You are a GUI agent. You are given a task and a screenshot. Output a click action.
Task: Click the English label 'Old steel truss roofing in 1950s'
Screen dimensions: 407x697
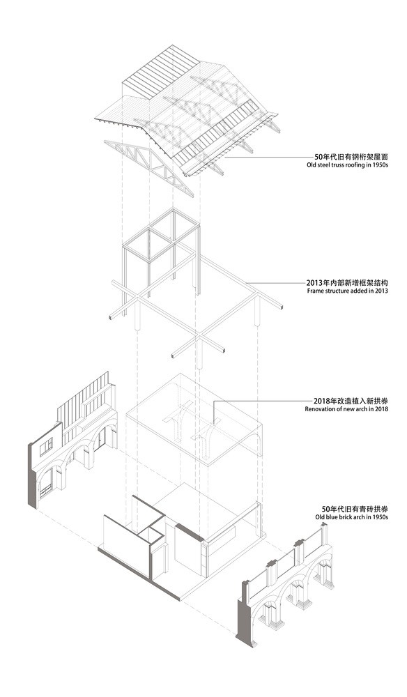[348, 165]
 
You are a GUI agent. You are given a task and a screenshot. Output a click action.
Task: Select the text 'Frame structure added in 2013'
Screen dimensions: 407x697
[348, 291]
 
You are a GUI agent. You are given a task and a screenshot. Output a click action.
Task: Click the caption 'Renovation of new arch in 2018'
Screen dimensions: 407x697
[346, 408]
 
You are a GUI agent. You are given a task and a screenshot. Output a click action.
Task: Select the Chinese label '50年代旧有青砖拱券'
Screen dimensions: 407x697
[355, 509]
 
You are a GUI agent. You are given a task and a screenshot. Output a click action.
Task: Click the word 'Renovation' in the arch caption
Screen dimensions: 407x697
[318, 408]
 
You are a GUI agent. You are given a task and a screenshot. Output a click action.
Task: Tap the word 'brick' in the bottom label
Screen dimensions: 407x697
[344, 517]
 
